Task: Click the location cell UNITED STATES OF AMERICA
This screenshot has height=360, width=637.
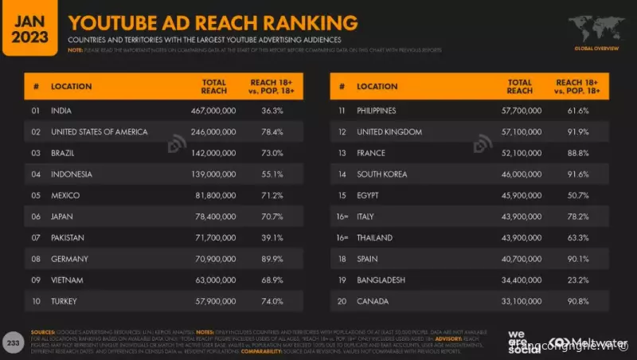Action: tap(99, 131)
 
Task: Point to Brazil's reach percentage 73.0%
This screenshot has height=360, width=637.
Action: tap(273, 152)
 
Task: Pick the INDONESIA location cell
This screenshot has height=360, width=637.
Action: tap(72, 174)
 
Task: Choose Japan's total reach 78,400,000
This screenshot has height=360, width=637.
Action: tap(213, 217)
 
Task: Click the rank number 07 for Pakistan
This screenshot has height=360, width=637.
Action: tap(36, 238)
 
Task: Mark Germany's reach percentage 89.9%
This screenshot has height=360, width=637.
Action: tap(273, 259)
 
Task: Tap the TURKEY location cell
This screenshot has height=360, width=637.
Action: tap(66, 302)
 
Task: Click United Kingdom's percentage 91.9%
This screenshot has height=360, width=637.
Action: tap(578, 131)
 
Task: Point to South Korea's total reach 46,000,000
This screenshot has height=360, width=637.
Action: tap(518, 174)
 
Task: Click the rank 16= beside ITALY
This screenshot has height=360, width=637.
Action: tap(343, 217)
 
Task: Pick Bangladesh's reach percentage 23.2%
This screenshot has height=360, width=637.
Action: tap(578, 280)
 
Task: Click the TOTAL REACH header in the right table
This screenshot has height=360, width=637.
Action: tap(519, 85)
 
